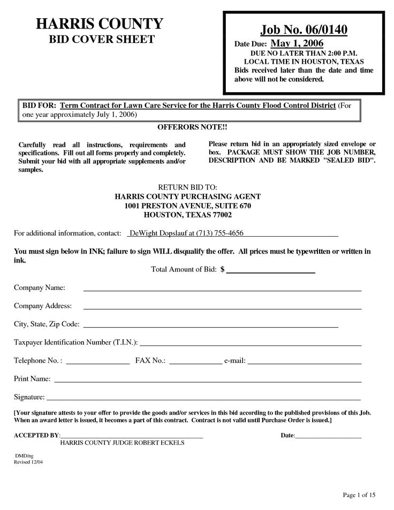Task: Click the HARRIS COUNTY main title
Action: pyautogui.click(x=99, y=24)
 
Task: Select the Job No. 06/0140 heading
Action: pyautogui.click(x=304, y=29)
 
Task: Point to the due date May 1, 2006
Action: pyautogui.click(x=297, y=43)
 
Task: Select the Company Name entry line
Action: pyautogui.click(x=222, y=290)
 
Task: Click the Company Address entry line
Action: pyautogui.click(x=222, y=309)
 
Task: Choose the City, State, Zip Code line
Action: pyautogui.click(x=211, y=326)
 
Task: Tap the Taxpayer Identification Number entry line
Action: pyautogui.click(x=251, y=344)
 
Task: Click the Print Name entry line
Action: pyautogui.click(x=208, y=381)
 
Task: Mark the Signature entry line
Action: pyautogui.click(x=203, y=400)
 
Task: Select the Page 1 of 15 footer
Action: pyautogui.click(x=360, y=493)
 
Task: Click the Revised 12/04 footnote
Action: pyautogui.click(x=28, y=461)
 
